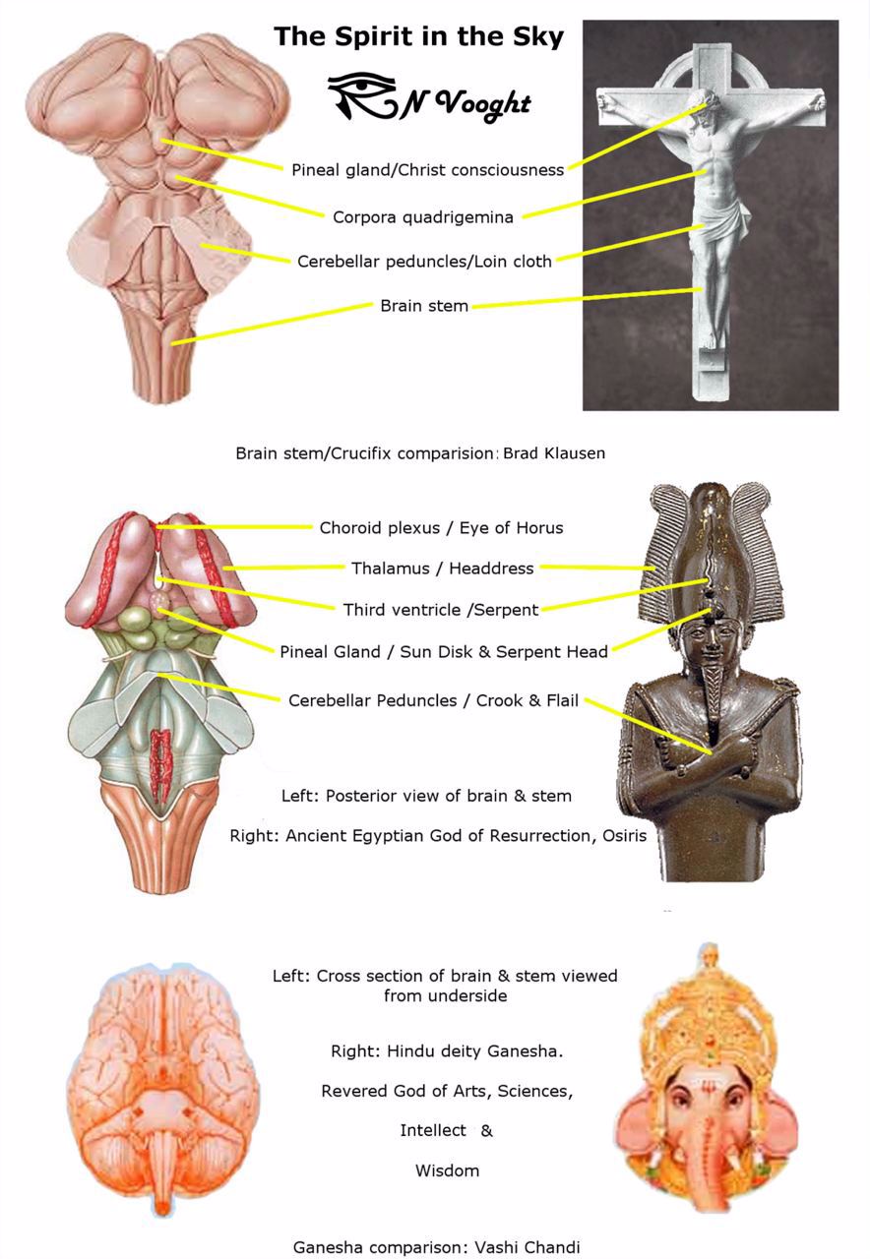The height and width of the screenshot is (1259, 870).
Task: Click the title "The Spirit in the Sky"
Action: coord(418,37)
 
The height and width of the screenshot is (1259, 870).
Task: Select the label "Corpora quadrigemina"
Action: coord(423,217)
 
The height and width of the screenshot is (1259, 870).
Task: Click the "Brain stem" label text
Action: coord(424,306)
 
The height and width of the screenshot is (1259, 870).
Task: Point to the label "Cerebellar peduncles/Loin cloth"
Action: coord(424,262)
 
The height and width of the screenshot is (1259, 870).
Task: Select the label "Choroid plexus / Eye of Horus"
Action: coord(441,528)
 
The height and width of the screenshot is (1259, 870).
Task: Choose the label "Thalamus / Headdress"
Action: coord(442,569)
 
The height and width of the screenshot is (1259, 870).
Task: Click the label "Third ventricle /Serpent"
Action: coord(440,610)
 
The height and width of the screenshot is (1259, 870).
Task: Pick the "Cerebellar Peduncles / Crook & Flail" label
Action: coord(433,700)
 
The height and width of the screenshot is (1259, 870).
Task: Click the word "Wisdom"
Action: coord(447,1170)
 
